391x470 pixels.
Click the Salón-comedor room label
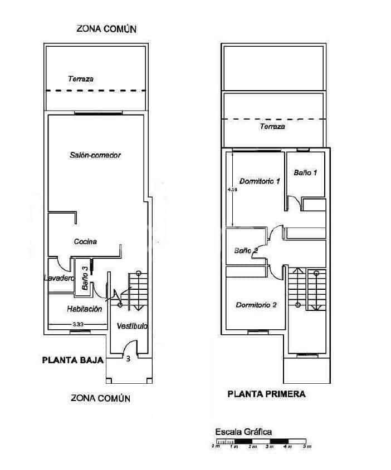pos(96,155)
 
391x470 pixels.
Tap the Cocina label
pos(86,241)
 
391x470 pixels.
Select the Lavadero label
pos(59,278)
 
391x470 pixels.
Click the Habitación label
pos(84,309)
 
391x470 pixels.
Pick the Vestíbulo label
pos(132,326)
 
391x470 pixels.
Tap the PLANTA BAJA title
pos(73,360)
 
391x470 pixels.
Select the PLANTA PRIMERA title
pos(266,394)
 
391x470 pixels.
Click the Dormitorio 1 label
pos(259,181)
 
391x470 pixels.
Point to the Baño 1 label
pos(305,173)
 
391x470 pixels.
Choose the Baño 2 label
pos(246,250)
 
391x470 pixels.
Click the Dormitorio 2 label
pos(256,305)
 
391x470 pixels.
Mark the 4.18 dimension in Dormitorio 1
pos(232,190)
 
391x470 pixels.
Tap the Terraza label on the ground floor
pos(81,79)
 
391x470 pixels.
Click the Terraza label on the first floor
pos(272,127)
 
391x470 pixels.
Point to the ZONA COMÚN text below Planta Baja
pos(100,398)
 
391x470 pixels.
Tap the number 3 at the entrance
pos(128,359)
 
